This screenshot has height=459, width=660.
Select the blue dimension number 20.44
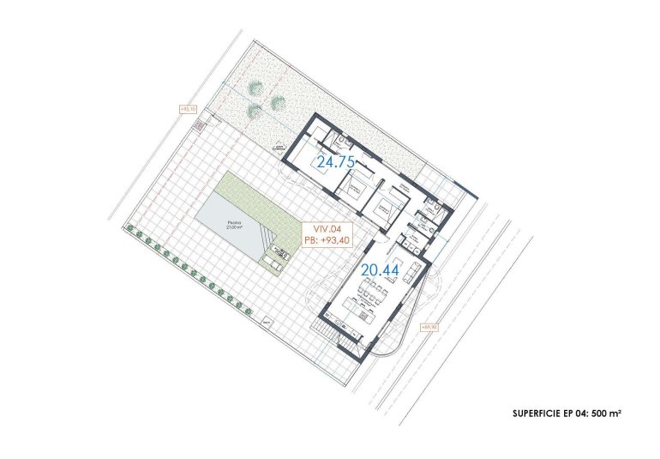(x=381, y=269)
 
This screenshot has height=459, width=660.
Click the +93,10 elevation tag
(x=189, y=109)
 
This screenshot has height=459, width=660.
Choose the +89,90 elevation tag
(x=429, y=327)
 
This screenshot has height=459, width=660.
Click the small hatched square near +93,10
(x=199, y=125)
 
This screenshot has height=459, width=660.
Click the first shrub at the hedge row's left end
(x=130, y=228)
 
